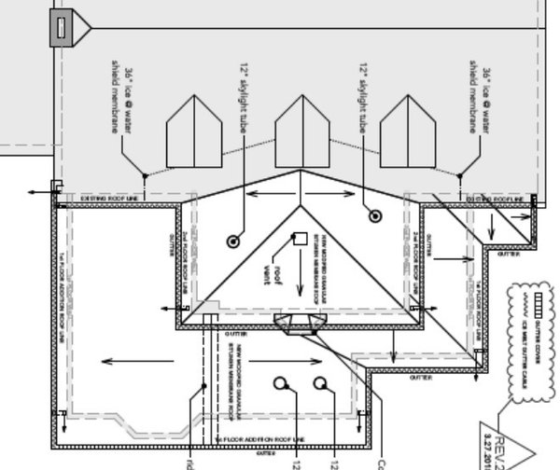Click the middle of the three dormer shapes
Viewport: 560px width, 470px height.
tap(301, 131)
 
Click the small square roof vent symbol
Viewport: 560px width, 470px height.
tap(301, 239)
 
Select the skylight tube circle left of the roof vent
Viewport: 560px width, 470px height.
tap(232, 241)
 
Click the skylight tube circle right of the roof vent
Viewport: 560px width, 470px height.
tap(375, 216)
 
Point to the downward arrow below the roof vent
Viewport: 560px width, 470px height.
tap(301, 280)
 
